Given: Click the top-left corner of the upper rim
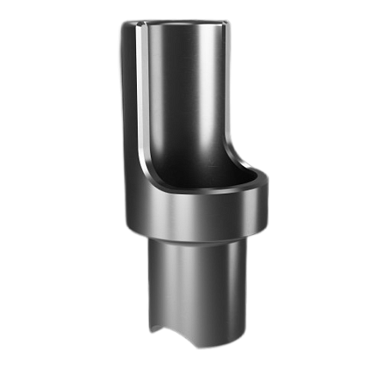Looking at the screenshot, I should (121, 24).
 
